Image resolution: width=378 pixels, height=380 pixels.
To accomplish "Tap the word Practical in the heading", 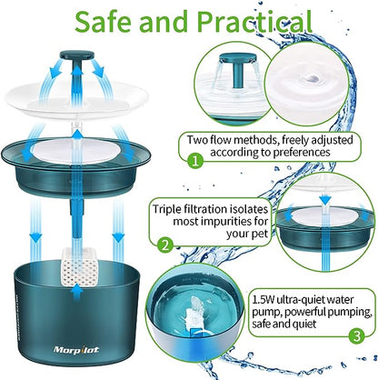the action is click(254, 22).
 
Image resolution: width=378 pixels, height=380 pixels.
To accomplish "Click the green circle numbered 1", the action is click(195, 160).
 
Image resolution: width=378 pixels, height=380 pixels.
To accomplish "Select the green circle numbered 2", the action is click(165, 245).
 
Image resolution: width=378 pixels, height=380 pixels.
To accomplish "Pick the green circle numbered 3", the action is click(357, 335).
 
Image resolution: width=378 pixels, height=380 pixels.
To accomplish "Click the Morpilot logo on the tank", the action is click(76, 350).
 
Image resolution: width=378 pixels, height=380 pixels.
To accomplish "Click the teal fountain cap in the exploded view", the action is click(77, 55).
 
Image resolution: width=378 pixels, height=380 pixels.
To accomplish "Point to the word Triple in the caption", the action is click(168, 210).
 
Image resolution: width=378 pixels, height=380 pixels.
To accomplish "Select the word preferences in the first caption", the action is click(302, 152).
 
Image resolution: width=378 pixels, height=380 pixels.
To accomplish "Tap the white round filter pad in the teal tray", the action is click(74, 151).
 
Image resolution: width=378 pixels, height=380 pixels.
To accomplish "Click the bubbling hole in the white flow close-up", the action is click(312, 78).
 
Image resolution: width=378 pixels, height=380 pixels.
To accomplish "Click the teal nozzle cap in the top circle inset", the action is click(238, 57).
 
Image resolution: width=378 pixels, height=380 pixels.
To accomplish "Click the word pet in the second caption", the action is click(261, 235).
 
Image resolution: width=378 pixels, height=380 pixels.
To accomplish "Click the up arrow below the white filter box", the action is click(78, 293).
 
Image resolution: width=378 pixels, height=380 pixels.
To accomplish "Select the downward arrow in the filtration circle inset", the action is click(325, 198).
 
